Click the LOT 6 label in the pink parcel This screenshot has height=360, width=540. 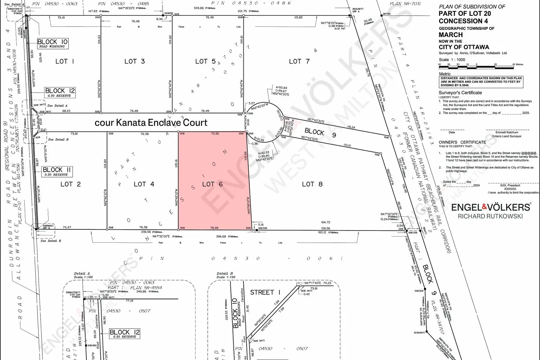[212, 184]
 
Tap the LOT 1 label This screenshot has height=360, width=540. [65, 62]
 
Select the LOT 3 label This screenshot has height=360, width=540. [135, 62]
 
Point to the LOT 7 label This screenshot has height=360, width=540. [299, 62]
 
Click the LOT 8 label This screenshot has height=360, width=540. [312, 184]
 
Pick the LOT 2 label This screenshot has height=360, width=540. [71, 184]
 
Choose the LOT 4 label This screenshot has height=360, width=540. [144, 184]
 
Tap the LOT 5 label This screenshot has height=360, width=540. [206, 62]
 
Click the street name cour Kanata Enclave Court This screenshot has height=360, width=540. [151, 123]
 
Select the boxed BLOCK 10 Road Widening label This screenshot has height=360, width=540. [53, 44]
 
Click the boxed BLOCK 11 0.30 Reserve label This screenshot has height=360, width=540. [57, 171]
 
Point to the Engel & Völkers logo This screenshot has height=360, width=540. [491, 207]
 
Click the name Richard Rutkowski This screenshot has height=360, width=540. [490, 216]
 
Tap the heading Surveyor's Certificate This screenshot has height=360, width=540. [460, 93]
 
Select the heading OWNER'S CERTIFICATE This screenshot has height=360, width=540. [462, 142]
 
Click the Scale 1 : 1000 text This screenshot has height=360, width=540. [452, 60]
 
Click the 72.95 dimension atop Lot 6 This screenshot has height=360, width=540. [215, 134]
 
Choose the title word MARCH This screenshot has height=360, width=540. [451, 35]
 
